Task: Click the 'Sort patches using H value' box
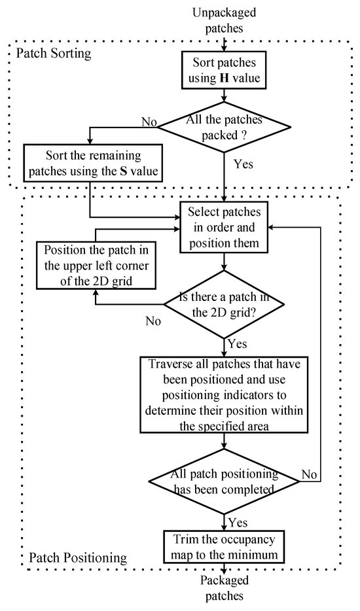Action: (x=224, y=71)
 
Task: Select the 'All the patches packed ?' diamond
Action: (x=224, y=127)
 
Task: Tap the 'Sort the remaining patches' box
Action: (x=93, y=164)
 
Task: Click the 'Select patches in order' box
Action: (x=224, y=228)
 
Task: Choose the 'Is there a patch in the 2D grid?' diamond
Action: (x=224, y=304)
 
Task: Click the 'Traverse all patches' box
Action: (x=225, y=394)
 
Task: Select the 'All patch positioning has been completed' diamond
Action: (x=224, y=481)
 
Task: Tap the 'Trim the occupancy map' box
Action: (x=225, y=546)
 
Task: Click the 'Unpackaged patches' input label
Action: (x=225, y=20)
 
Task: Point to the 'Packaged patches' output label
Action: (x=225, y=588)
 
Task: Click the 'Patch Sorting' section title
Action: (x=54, y=53)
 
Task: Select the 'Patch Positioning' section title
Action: (x=78, y=557)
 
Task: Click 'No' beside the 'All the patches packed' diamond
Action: (x=149, y=122)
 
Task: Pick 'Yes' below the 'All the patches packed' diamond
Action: (x=243, y=164)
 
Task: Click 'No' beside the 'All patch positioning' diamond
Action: (x=310, y=475)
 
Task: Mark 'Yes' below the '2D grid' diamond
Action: (x=238, y=343)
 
